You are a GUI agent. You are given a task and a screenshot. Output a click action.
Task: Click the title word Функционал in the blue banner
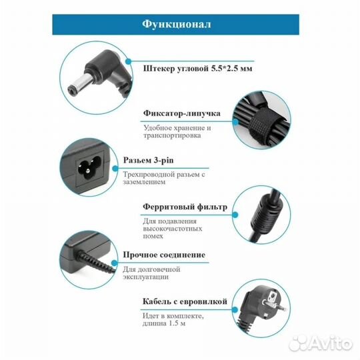tap(177, 25)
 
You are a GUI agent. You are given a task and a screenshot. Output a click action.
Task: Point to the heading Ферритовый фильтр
tap(185, 207)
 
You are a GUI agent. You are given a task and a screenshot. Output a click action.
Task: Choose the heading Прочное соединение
tap(163, 255)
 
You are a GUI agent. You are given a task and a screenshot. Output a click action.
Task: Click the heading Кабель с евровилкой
tap(185, 301)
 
